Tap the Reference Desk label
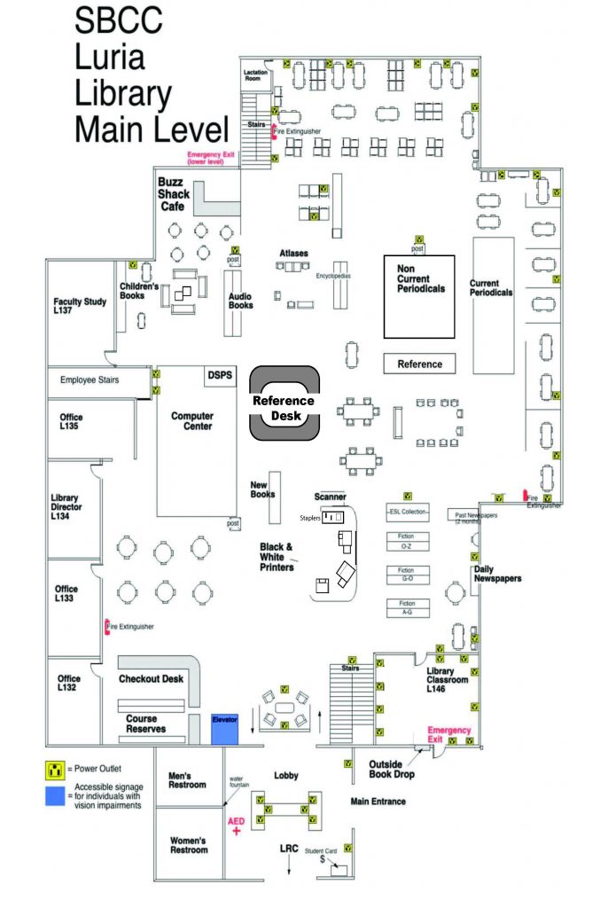[x=284, y=408]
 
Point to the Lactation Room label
[x=256, y=74]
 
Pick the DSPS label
[x=219, y=376]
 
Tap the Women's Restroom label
[x=188, y=844]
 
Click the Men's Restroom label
[x=187, y=779]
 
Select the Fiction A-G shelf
[x=406, y=607]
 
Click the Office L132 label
[x=69, y=683]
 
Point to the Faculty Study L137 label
[x=80, y=306]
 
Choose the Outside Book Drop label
[x=391, y=768]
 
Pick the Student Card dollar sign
[x=323, y=859]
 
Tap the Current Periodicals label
[x=491, y=288]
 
